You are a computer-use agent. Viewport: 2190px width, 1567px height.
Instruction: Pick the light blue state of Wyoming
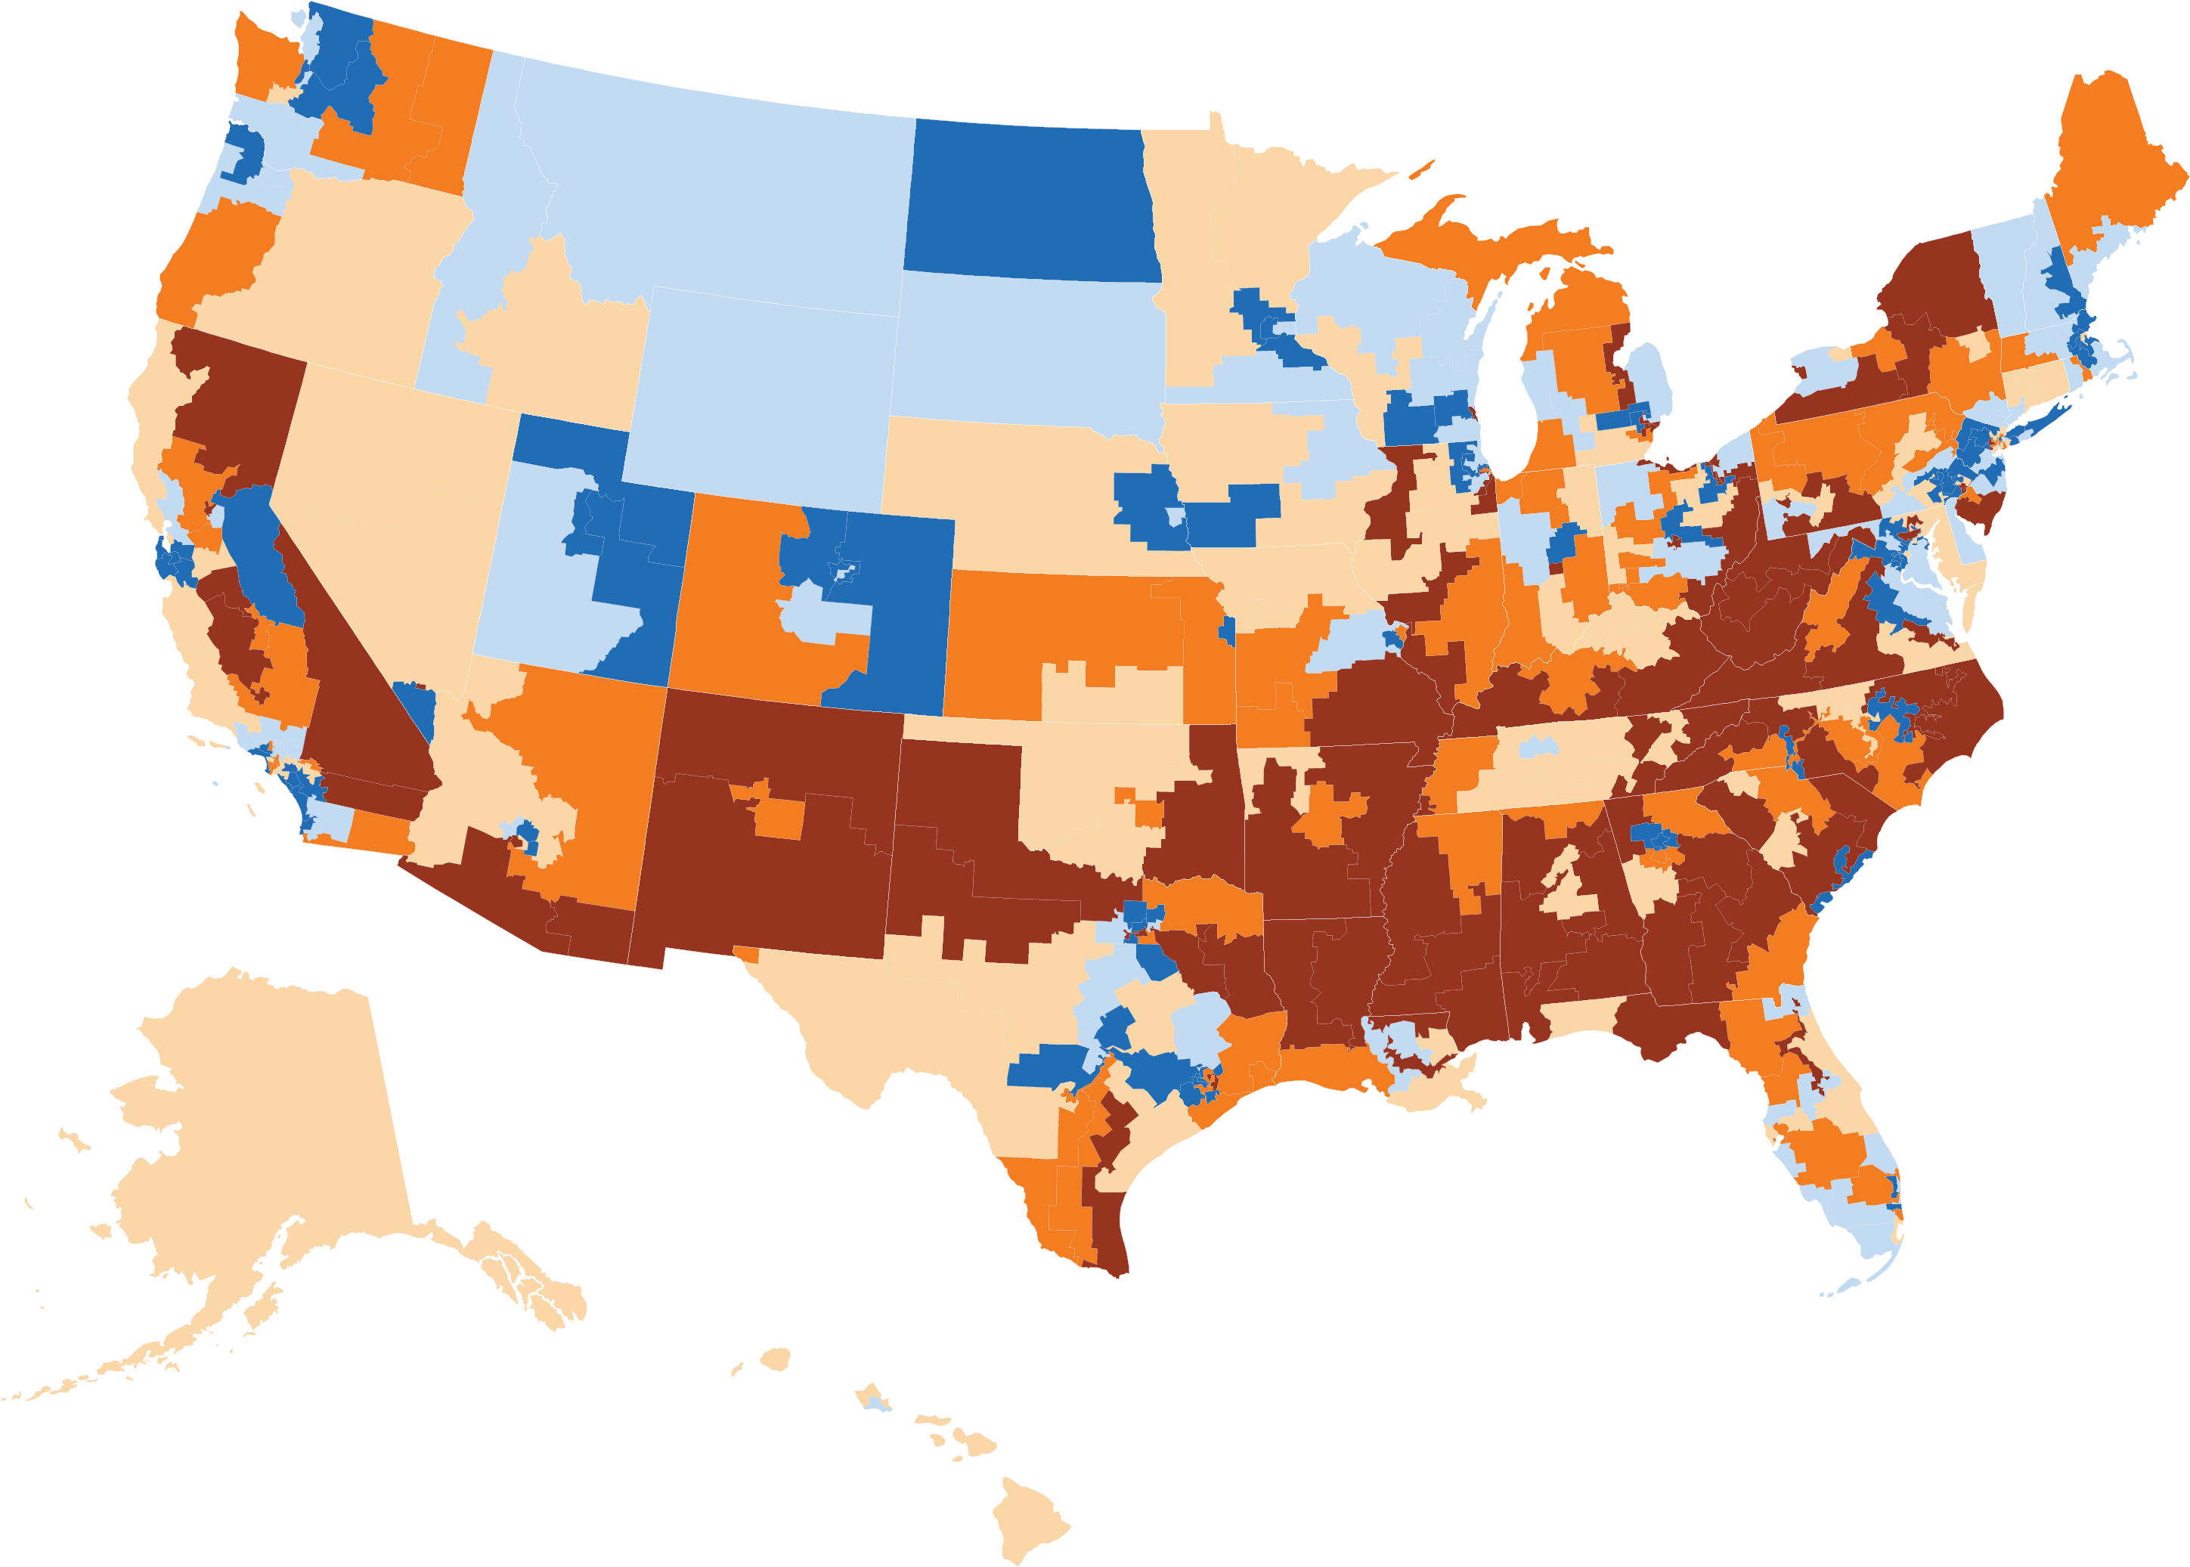pyautogui.click(x=762, y=386)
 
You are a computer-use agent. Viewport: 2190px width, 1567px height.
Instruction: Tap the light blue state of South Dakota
pyautogui.click(x=1023, y=348)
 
